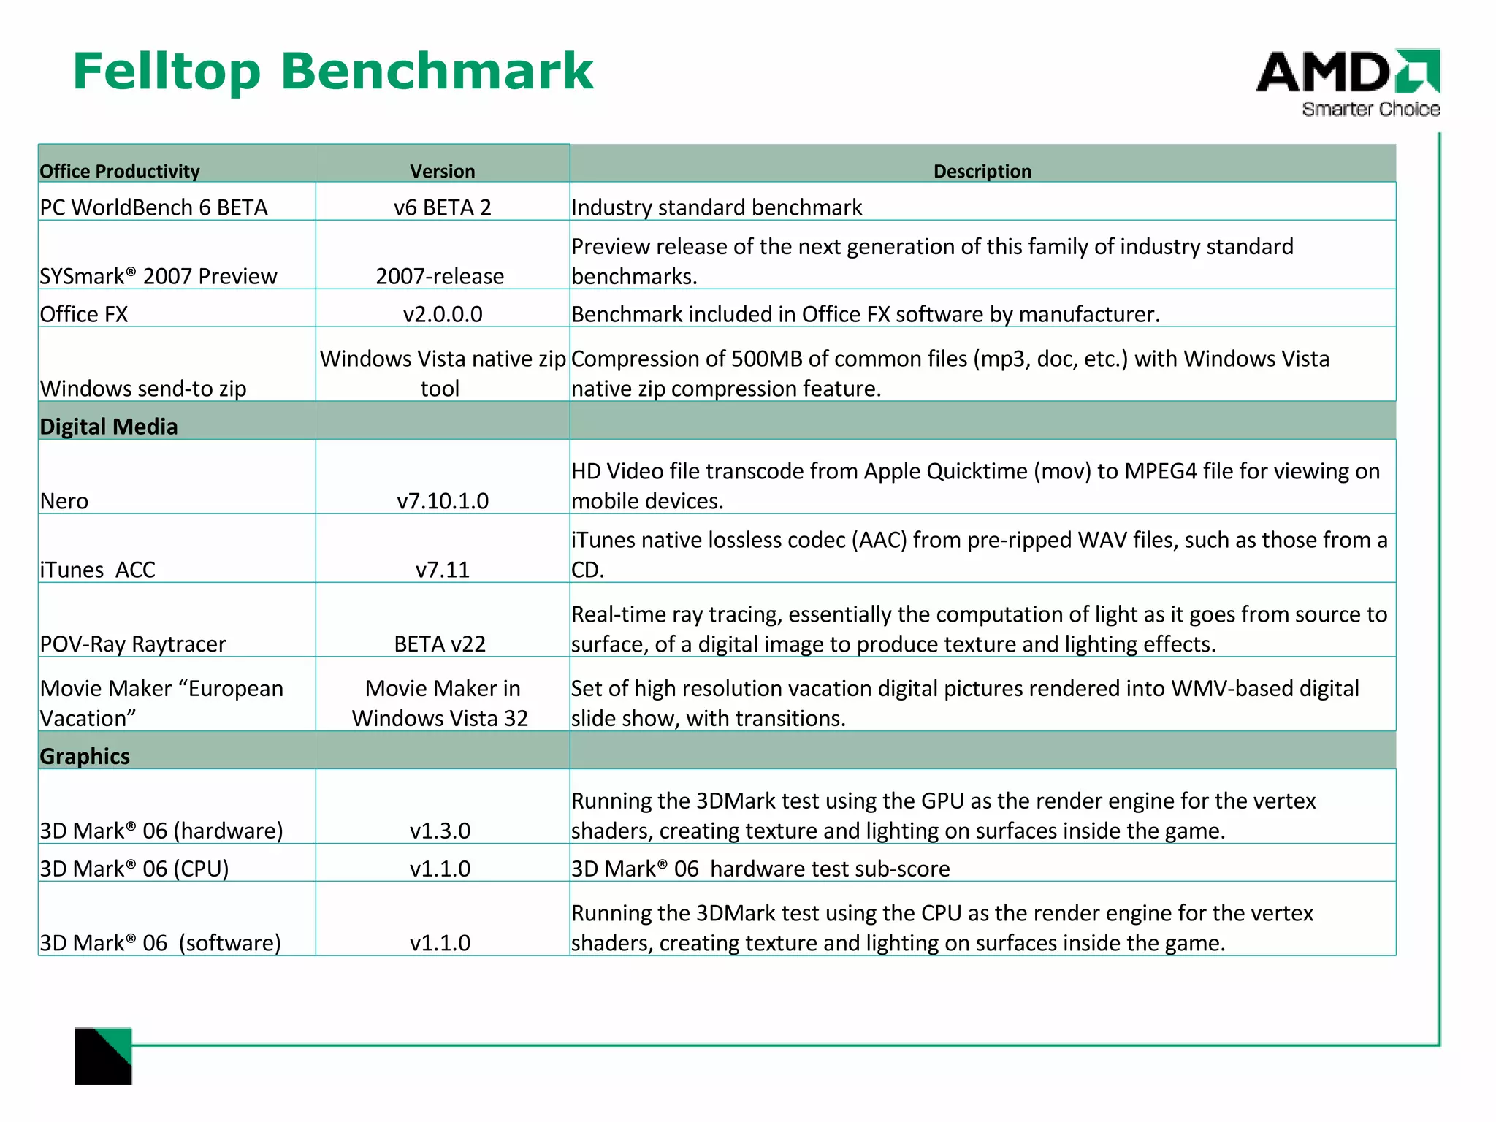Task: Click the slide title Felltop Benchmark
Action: (333, 72)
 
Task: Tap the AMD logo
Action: (1347, 72)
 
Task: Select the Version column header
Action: (442, 171)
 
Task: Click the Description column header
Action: (982, 171)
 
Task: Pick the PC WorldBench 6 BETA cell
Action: (153, 207)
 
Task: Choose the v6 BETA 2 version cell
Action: (442, 207)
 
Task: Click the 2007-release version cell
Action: (440, 276)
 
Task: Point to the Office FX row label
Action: (84, 314)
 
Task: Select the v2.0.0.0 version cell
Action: (443, 314)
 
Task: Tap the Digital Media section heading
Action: (109, 427)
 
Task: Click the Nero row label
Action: (64, 501)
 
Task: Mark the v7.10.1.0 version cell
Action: (443, 501)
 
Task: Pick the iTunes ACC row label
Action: (98, 570)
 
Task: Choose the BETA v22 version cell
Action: (440, 644)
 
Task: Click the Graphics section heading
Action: (85, 756)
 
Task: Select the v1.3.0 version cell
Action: (440, 831)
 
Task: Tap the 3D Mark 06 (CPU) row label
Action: (134, 869)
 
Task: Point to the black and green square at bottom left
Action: (103, 1056)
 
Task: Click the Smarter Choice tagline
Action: (1370, 110)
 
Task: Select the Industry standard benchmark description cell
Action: (717, 207)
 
